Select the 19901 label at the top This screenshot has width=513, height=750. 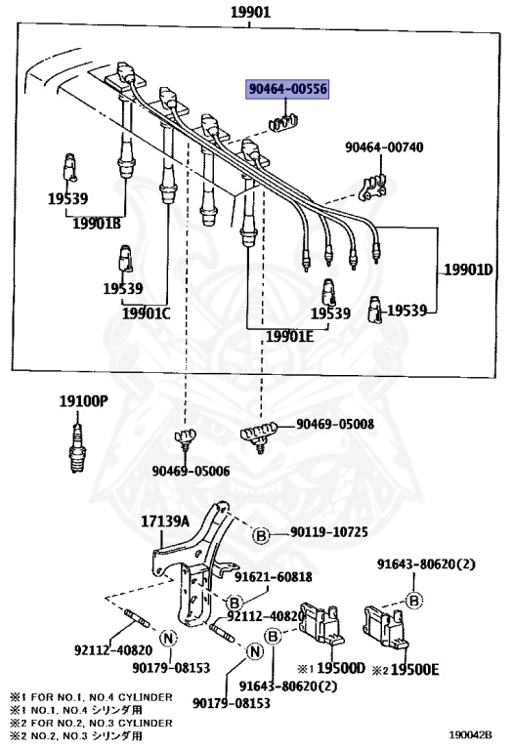coord(250,13)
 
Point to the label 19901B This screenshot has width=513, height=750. coord(96,223)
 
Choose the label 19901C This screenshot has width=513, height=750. coord(146,313)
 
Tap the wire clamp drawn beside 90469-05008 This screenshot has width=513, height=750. coord(260,434)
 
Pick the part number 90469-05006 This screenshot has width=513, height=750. coord(191,471)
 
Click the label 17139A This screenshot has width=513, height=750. coord(164,521)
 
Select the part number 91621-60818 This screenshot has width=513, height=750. coord(274,577)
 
